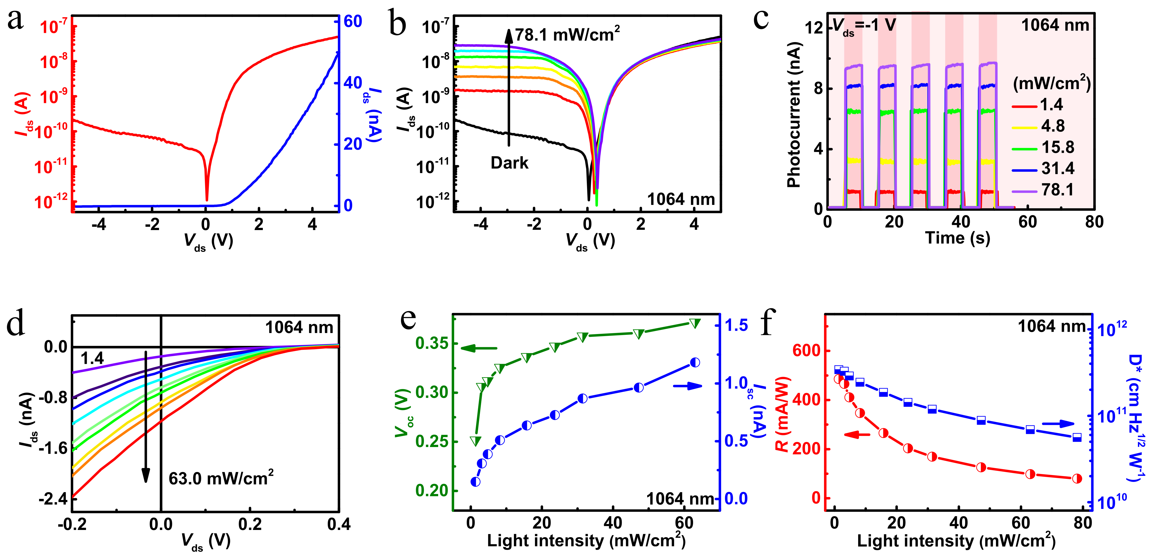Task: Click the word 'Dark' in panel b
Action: pos(509,163)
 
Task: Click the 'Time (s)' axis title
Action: pos(957,238)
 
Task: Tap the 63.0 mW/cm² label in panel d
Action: pos(221,479)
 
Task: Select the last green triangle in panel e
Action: pos(694,323)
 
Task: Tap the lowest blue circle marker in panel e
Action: pos(475,482)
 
